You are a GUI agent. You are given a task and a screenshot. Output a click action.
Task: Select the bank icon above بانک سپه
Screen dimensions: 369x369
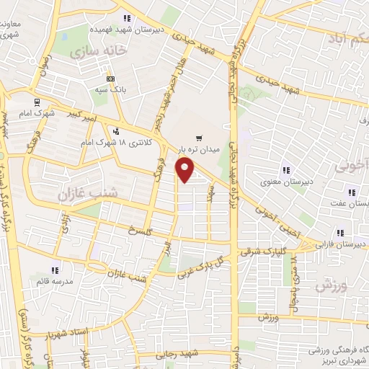(x=110, y=79)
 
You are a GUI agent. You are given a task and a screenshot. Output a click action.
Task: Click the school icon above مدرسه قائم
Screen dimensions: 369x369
(x=55, y=270)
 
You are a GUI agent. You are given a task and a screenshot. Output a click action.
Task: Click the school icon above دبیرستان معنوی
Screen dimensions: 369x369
(x=286, y=170)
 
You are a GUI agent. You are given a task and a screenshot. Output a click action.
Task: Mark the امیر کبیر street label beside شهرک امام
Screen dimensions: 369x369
(x=74, y=115)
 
